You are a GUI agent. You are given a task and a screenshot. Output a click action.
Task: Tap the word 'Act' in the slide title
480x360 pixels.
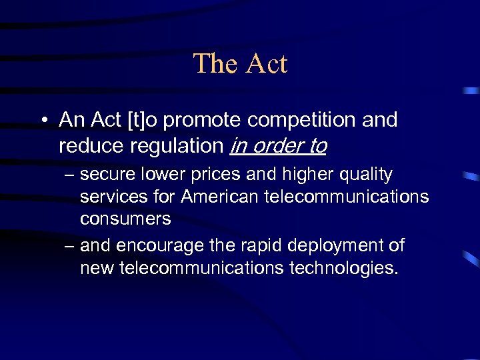pyautogui.click(x=266, y=64)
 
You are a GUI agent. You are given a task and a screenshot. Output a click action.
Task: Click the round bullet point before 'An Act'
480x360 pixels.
pyautogui.click(x=42, y=121)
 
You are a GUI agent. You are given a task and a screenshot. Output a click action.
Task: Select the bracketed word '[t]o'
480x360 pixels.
pyautogui.click(x=138, y=120)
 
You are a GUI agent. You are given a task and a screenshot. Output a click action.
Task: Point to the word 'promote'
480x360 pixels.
pyautogui.click(x=197, y=121)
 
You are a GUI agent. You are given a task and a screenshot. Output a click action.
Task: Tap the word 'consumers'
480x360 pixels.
pyautogui.click(x=125, y=218)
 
